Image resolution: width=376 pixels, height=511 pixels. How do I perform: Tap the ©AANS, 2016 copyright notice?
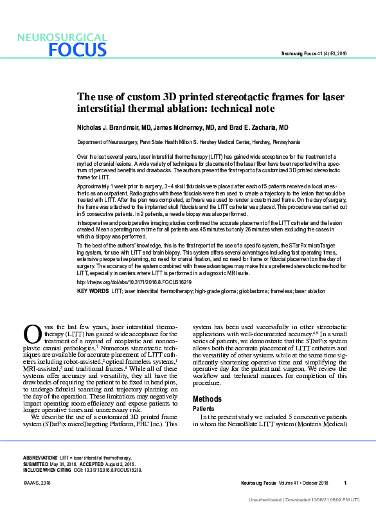[x=37, y=483]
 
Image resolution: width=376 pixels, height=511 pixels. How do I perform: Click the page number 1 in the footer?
[x=345, y=483]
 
